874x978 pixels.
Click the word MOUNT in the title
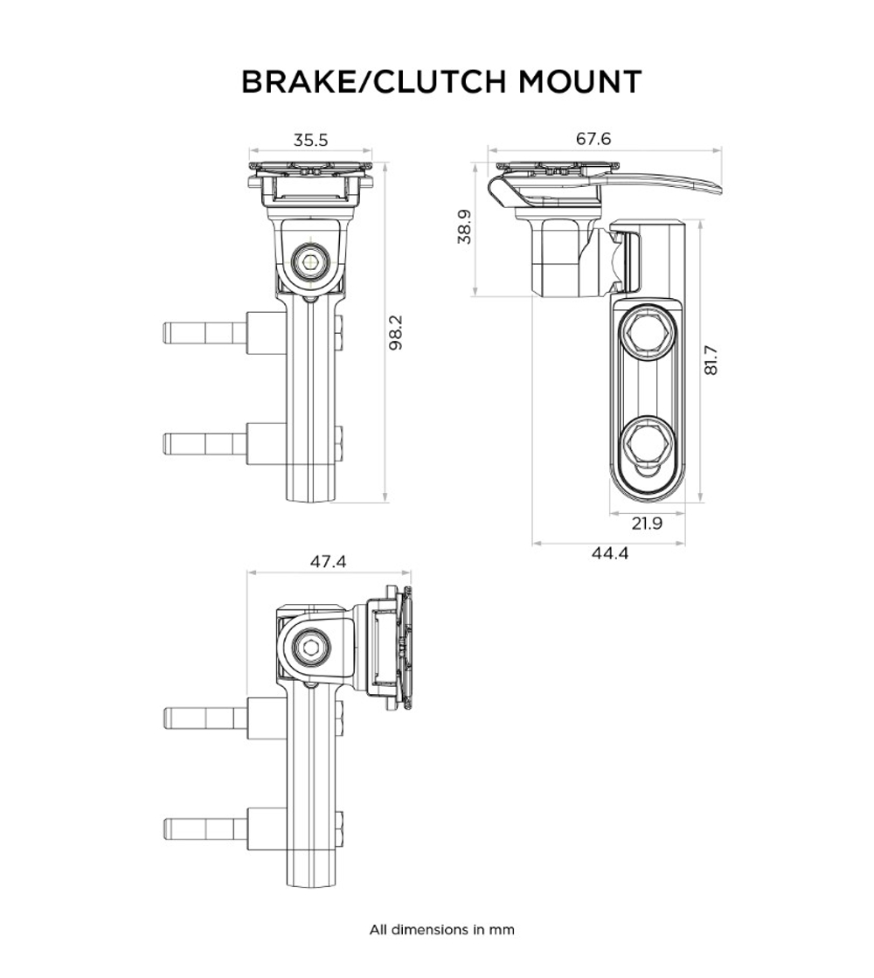tap(580, 81)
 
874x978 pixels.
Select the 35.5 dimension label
tap(310, 140)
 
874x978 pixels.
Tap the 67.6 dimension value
tap(593, 139)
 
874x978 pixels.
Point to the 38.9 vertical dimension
tap(465, 227)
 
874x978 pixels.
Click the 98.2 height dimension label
tap(395, 332)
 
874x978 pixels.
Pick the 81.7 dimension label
tap(711, 359)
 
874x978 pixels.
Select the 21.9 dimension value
tap(647, 524)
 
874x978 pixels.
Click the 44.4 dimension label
tap(609, 553)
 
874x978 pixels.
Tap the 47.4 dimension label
tap(328, 562)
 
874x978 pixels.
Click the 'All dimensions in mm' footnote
tap(441, 929)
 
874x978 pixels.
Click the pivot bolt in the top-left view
tap(310, 260)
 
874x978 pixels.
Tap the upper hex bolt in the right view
tap(647, 333)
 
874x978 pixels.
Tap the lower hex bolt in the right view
tap(647, 441)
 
